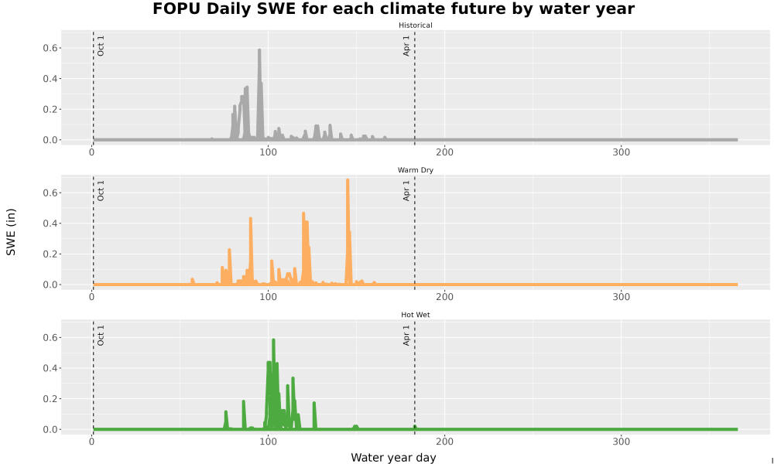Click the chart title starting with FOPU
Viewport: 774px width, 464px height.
tap(393, 9)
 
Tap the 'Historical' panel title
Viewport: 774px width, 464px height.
tap(415, 26)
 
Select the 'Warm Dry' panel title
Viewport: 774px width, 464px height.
tap(415, 170)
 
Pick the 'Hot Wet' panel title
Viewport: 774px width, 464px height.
tap(415, 315)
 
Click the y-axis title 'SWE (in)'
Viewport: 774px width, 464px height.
tap(11, 232)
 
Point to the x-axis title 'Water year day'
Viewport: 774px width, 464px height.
tap(393, 458)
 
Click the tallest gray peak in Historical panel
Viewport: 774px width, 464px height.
tap(259, 49)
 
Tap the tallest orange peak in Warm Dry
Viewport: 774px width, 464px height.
tap(348, 180)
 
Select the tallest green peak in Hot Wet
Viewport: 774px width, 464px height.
tap(273, 339)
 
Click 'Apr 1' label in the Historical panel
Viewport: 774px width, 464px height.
tap(406, 46)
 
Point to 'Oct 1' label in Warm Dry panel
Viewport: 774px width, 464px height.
tap(101, 190)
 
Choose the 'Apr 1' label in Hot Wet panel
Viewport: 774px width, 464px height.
tap(406, 336)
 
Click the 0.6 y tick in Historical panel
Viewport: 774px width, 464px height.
tap(52, 48)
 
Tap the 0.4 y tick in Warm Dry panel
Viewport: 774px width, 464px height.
tap(52, 223)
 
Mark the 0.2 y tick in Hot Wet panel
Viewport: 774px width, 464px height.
tap(52, 399)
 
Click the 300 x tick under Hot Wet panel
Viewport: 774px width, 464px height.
tap(621, 442)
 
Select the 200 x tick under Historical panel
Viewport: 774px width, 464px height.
tap(445, 152)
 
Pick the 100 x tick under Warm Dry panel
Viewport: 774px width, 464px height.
tap(268, 297)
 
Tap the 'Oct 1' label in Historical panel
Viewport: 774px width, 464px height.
tap(101, 46)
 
